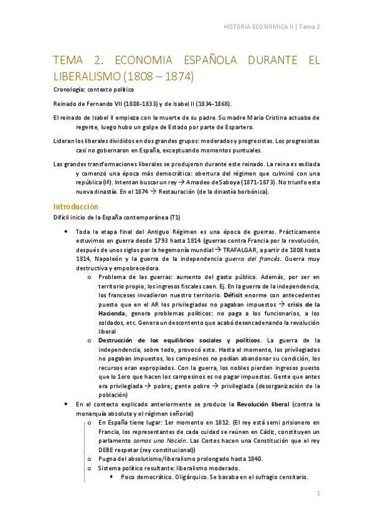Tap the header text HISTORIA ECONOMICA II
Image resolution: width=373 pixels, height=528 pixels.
pos(258,27)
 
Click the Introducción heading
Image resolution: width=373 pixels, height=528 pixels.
pos(76,206)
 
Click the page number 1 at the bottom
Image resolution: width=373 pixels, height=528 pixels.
pos(318,494)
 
